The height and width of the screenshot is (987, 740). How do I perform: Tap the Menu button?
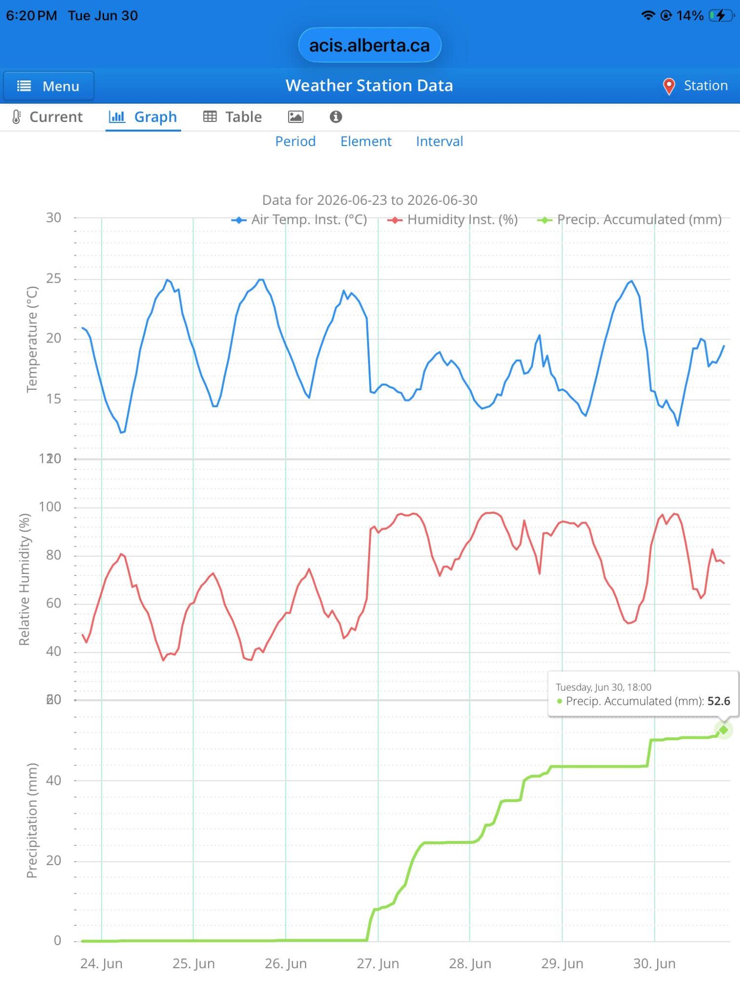[48, 86]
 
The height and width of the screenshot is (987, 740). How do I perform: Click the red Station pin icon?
[668, 86]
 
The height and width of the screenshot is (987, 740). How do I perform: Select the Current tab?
[47, 117]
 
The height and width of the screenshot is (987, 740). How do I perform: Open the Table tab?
[233, 117]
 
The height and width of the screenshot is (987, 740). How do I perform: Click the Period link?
[296, 142]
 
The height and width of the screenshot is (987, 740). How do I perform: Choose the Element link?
[366, 142]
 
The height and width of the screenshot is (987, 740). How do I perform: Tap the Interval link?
[440, 142]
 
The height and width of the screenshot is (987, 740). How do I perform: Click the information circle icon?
[336, 117]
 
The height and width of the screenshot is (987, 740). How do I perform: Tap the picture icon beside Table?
[296, 117]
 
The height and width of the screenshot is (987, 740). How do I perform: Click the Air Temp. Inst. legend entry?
[299, 220]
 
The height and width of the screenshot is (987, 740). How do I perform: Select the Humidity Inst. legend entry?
[453, 220]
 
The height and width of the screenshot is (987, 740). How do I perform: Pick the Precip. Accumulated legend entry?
[629, 220]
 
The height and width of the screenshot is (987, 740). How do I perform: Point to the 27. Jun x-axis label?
[378, 963]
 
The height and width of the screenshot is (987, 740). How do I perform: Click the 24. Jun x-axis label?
[101, 963]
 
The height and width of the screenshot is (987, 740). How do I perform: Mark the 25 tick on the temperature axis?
[54, 279]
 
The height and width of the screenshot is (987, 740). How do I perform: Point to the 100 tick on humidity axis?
[50, 507]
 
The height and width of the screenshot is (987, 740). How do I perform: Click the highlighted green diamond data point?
[723, 730]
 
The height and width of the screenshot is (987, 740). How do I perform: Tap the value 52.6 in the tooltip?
[719, 701]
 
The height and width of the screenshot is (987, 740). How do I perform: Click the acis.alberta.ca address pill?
[370, 45]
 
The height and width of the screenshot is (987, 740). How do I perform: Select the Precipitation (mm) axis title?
[32, 821]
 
